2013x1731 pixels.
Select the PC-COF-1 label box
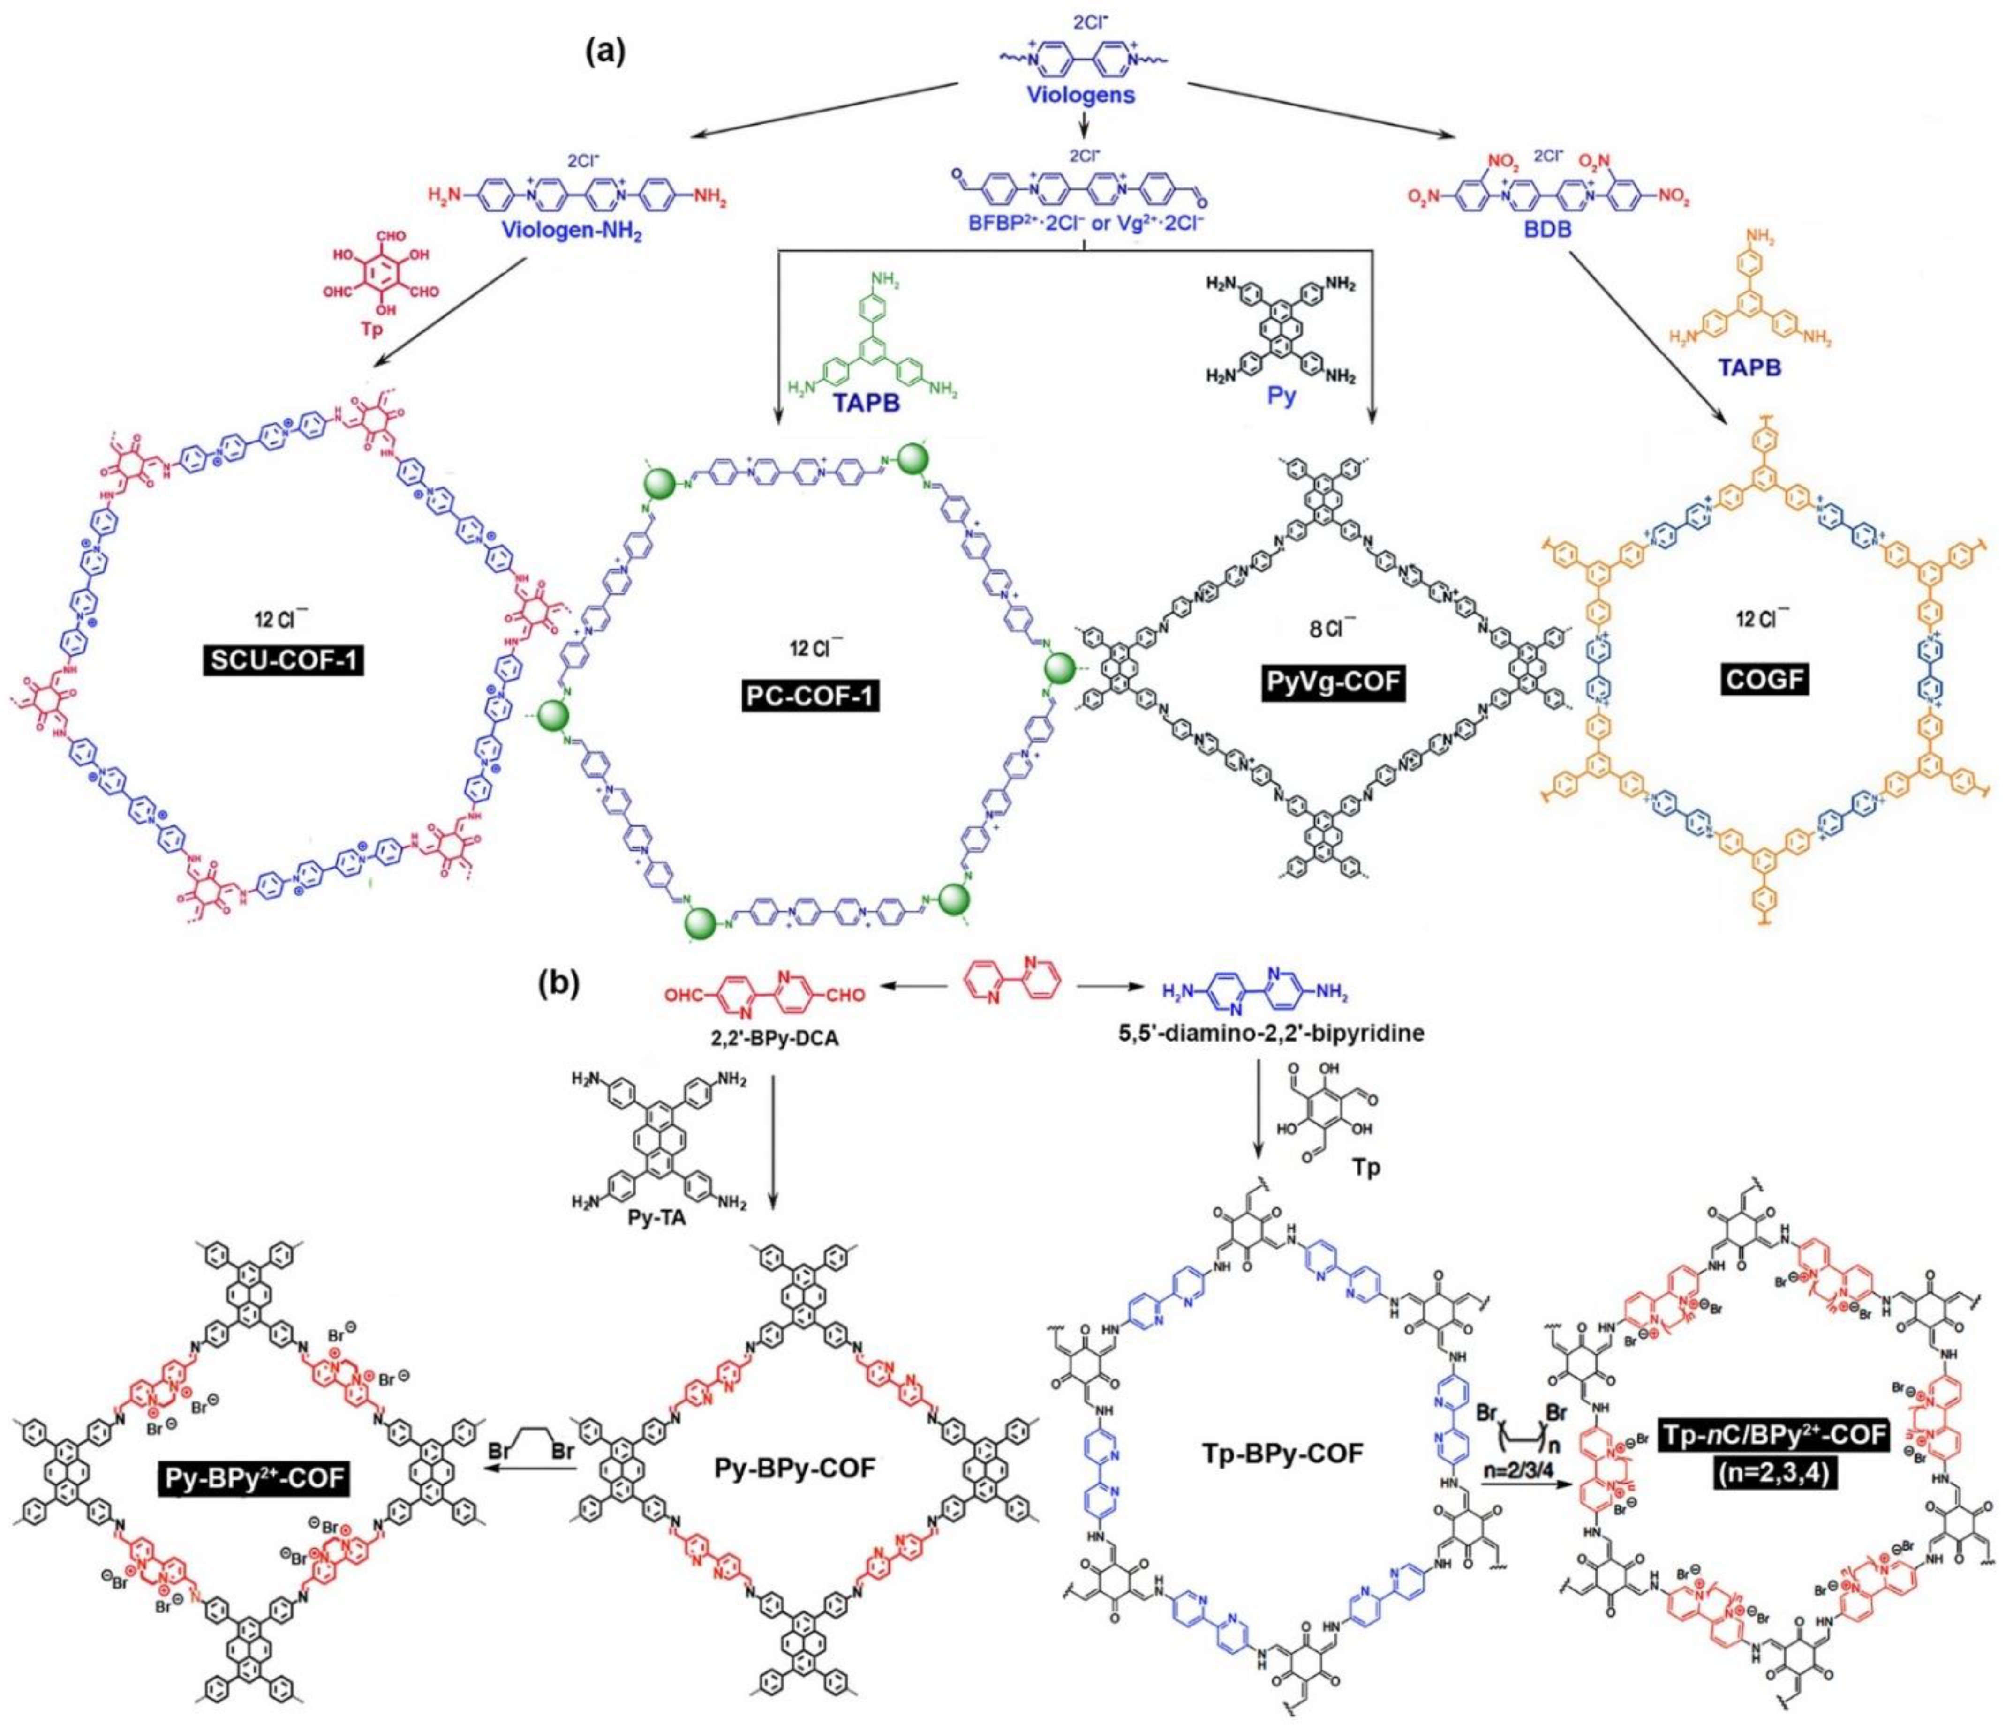point(809,697)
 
